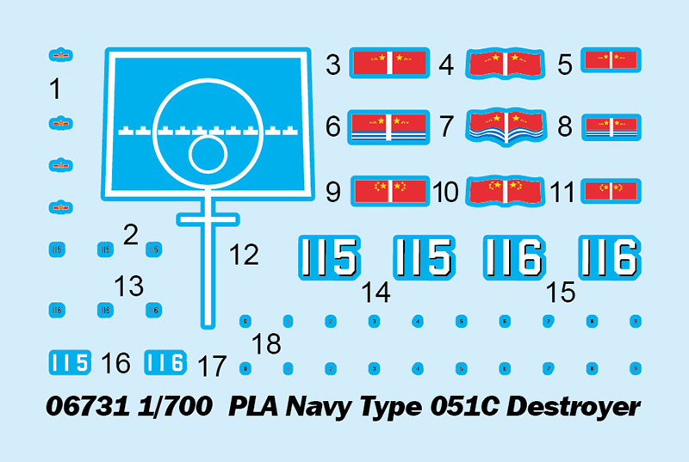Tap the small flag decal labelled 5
[610, 60]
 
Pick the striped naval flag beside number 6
[389, 126]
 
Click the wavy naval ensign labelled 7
[503, 126]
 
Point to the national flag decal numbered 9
[389, 190]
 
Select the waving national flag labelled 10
[503, 190]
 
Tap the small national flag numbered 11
[610, 190]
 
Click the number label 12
[245, 254]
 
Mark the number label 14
[376, 293]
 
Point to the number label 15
[560, 293]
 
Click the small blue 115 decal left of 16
[70, 362]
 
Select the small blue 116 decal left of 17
[164, 362]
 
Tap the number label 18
[267, 344]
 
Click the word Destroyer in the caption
[574, 406]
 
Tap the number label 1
[55, 89]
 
